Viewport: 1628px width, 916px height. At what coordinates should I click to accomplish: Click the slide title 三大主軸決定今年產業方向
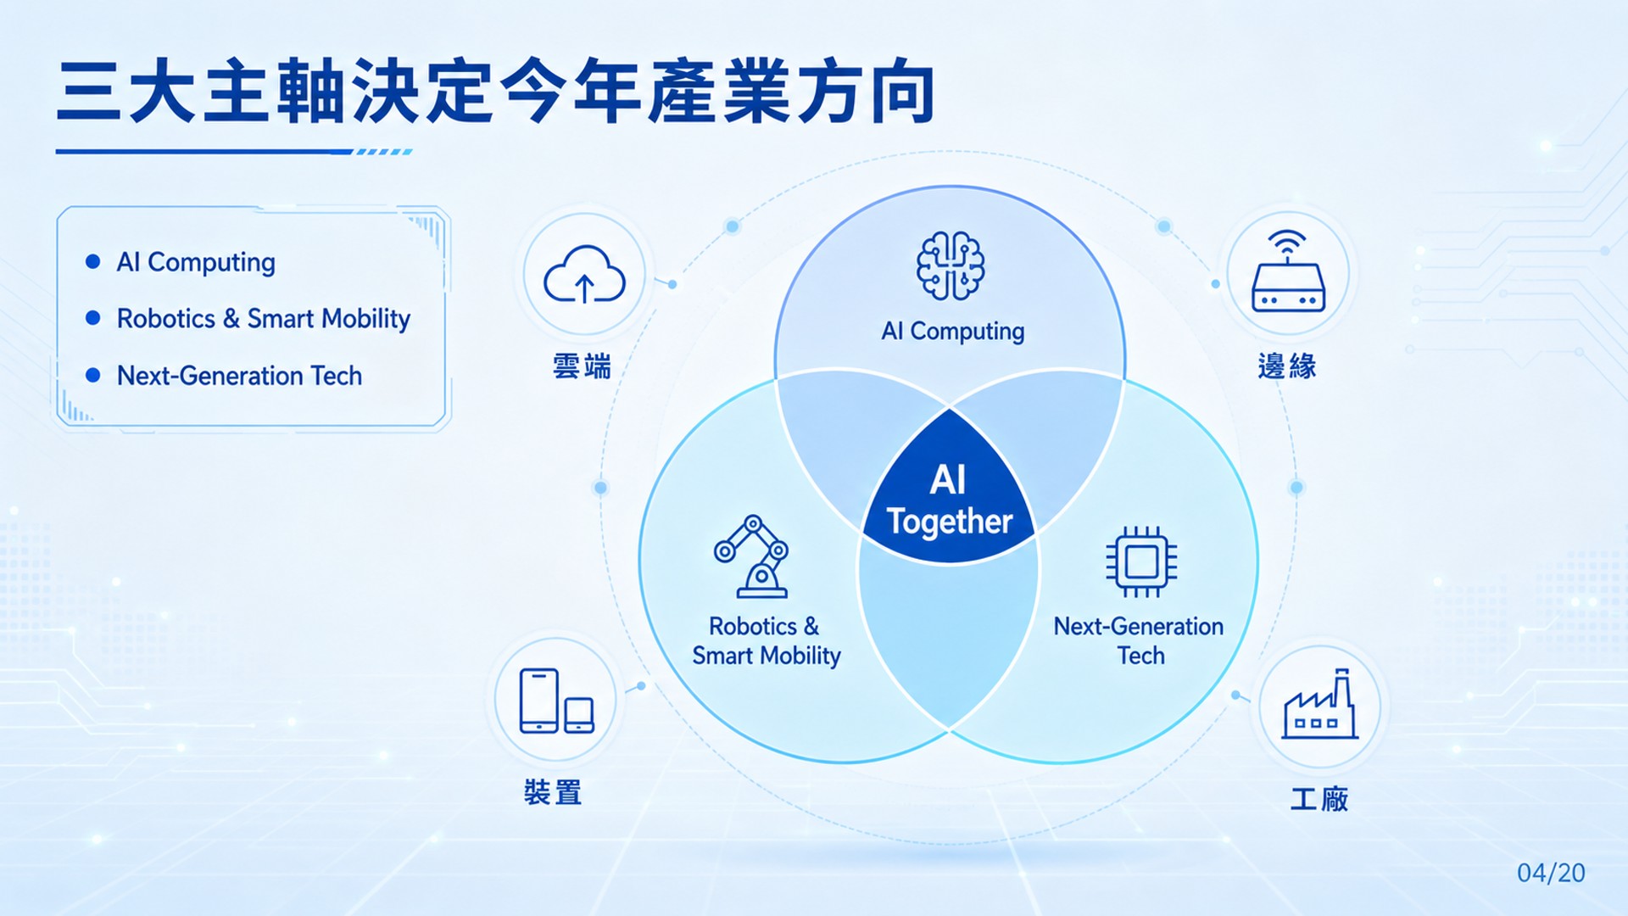click(496, 92)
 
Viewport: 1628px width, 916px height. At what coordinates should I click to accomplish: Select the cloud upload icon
click(584, 274)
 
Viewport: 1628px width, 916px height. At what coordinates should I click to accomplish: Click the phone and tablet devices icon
click(556, 701)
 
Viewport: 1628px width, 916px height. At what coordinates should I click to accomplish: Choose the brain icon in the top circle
click(951, 266)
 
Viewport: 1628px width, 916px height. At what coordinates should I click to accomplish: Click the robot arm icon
click(751, 556)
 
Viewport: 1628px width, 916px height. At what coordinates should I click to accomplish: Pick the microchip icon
click(1141, 561)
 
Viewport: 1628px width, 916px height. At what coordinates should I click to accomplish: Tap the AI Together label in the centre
click(949, 501)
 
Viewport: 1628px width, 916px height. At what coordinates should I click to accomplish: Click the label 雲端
click(582, 366)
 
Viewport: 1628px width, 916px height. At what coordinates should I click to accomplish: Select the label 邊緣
click(1287, 366)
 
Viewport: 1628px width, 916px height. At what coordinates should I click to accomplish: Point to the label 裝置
click(553, 792)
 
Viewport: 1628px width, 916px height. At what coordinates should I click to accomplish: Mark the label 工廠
click(1319, 799)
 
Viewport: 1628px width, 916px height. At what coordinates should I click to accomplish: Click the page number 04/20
click(1551, 873)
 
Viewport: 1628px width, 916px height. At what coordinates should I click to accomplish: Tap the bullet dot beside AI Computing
click(93, 261)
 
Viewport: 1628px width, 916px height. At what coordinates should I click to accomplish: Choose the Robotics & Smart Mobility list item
click(264, 318)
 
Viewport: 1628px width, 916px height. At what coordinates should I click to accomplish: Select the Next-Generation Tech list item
click(239, 375)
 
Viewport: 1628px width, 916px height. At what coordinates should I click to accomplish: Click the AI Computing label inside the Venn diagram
click(953, 331)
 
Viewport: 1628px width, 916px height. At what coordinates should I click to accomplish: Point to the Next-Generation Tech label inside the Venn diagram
click(1139, 640)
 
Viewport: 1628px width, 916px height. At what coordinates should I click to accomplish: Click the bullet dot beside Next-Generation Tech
click(93, 375)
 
